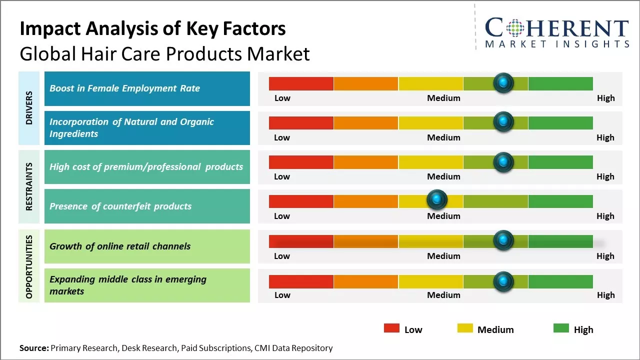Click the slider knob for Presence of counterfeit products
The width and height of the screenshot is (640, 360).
tap(437, 200)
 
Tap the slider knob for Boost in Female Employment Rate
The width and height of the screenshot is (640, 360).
tap(503, 82)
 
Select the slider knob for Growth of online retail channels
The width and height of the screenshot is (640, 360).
tap(503, 240)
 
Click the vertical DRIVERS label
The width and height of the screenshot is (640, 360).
tap(29, 108)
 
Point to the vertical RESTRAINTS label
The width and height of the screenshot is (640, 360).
tap(29, 186)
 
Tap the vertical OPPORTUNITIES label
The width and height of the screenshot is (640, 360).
tap(29, 266)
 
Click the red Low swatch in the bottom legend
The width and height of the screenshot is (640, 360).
tap(391, 328)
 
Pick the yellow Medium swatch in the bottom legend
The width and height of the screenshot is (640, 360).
tap(465, 328)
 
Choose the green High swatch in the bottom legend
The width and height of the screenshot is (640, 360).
tap(561, 328)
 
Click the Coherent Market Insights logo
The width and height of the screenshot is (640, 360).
tap(556, 32)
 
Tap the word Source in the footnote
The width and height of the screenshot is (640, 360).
tap(34, 348)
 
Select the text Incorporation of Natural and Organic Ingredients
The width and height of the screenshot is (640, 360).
tap(131, 127)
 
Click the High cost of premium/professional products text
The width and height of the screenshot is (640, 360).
tap(146, 166)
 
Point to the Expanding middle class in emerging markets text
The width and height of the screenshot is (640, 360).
tap(127, 285)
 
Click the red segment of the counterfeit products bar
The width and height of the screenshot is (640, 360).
tap(301, 201)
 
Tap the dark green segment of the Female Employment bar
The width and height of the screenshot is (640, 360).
tap(560, 83)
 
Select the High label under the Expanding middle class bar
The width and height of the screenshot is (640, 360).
tap(605, 295)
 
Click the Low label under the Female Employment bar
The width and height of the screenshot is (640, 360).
tap(282, 98)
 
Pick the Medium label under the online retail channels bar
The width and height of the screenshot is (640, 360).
tap(443, 256)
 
